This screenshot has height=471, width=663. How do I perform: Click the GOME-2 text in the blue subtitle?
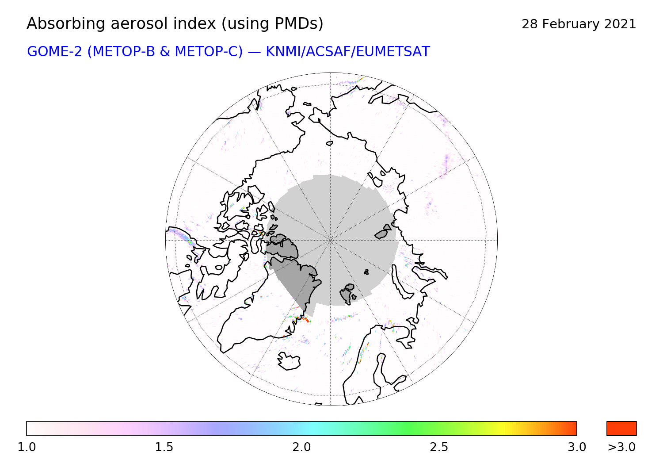point(54,52)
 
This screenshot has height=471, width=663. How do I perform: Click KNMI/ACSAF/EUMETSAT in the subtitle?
point(348,52)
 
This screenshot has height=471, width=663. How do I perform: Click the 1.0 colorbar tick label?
point(27,447)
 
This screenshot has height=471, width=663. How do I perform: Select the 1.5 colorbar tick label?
point(164,447)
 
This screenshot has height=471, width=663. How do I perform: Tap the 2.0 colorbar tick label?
point(301,447)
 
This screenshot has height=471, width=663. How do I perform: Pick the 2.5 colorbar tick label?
point(439,447)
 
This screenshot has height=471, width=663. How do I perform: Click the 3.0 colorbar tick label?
point(576,447)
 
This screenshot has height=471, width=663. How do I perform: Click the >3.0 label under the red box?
point(621,447)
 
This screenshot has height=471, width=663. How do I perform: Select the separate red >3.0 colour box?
point(621,429)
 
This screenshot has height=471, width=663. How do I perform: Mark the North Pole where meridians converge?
point(330,240)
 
